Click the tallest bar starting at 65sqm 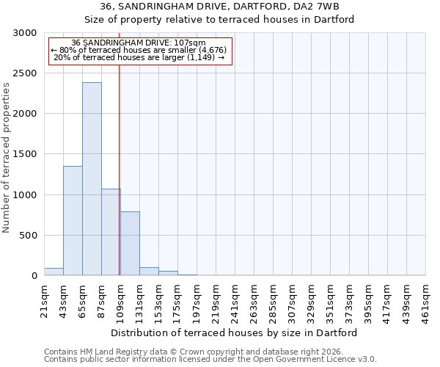click(x=92, y=179)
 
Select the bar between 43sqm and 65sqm click(x=73, y=220)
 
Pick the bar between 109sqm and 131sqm click(x=130, y=243)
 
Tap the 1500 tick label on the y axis click(x=26, y=154)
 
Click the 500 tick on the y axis click(x=29, y=236)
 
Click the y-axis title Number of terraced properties click(x=7, y=158)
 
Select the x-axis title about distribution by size click(x=235, y=333)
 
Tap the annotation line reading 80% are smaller click(x=140, y=50)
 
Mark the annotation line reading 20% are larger click(x=140, y=57)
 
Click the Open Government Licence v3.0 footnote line click(x=210, y=360)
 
